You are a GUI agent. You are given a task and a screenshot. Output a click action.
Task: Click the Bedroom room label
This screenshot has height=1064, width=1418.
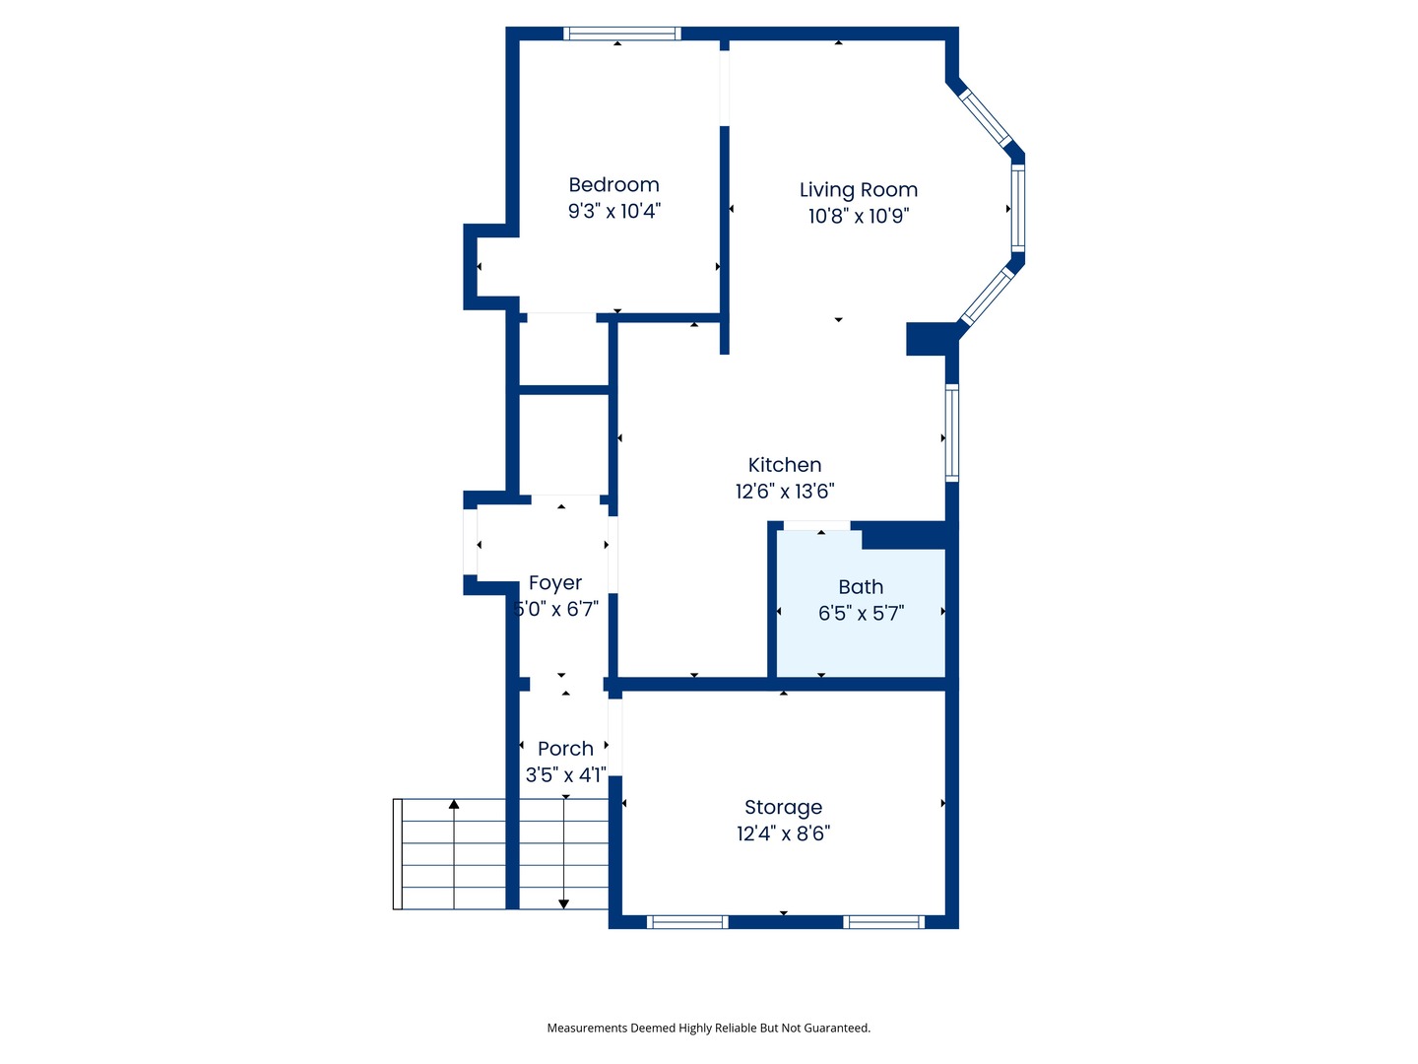tap(613, 185)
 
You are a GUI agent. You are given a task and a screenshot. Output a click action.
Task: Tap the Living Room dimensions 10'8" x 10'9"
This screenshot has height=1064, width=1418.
tap(858, 217)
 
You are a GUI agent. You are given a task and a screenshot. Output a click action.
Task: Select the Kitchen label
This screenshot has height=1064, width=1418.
tap(784, 465)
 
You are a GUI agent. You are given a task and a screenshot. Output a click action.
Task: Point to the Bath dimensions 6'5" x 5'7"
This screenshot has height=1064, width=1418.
tap(861, 614)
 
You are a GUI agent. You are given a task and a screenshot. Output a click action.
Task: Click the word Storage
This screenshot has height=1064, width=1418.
tap(783, 808)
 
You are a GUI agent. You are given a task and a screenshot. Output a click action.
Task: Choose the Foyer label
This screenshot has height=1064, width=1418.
tap(555, 583)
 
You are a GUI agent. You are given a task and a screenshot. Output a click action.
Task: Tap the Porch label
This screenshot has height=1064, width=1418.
tap(565, 749)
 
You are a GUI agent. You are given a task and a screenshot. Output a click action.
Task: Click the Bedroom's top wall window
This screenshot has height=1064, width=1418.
tap(622, 33)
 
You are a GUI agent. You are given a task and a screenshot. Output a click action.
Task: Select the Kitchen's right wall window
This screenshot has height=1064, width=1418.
tap(952, 432)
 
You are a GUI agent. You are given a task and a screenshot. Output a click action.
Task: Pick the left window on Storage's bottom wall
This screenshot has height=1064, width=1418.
tap(687, 922)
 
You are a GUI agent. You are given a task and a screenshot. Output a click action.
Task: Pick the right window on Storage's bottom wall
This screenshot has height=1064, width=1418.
tap(883, 922)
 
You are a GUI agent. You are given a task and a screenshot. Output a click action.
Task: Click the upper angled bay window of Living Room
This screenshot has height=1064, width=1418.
tap(986, 118)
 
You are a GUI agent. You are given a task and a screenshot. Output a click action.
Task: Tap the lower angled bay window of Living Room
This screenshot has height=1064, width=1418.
tap(987, 296)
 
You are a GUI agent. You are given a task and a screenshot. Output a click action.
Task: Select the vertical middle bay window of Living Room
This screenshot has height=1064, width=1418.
tap(1018, 208)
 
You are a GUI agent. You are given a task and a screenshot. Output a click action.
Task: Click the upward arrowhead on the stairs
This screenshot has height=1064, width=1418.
tap(454, 805)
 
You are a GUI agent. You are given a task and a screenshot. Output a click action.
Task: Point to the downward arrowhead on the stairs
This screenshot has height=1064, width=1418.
tap(564, 902)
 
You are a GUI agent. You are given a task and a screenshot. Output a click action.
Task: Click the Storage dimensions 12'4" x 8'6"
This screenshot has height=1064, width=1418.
tap(783, 833)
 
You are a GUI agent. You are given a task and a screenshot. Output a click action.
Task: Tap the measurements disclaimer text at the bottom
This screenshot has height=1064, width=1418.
tap(708, 1028)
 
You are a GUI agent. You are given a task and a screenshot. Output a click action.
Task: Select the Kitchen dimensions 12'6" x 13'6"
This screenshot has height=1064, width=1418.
tap(784, 491)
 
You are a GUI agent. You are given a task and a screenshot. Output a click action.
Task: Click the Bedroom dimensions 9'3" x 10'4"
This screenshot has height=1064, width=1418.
tap(613, 211)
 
